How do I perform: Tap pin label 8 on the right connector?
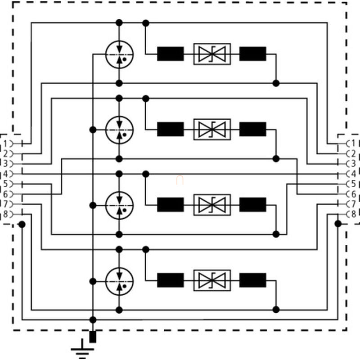coord(354,214)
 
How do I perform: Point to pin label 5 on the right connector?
coord(354,184)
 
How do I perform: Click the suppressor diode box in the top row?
coord(212,54)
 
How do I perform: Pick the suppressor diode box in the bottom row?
coord(212,280)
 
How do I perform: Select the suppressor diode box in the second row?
coord(212,130)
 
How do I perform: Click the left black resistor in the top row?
coord(171,54)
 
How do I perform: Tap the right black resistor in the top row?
coord(252,54)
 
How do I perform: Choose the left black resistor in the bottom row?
coord(171,280)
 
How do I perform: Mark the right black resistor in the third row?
coord(252,205)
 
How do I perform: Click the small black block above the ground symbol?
coord(93,337)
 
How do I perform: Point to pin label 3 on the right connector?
coord(354,163)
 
